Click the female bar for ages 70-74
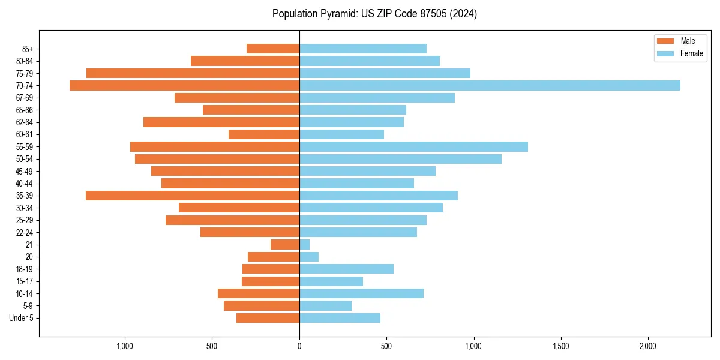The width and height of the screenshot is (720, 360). pos(490,85)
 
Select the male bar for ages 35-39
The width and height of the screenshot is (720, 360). pos(193,196)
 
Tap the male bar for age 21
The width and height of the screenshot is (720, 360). pos(285,244)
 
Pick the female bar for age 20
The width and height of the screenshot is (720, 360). pos(309,257)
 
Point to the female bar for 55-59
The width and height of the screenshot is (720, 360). pos(413,146)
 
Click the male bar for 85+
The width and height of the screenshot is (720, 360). pos(273,49)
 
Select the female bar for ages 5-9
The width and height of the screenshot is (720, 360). pos(325,305)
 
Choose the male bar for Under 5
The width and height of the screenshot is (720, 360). pos(268,318)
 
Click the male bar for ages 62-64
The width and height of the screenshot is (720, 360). pos(221,122)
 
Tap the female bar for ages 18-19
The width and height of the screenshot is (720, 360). pos(346,269)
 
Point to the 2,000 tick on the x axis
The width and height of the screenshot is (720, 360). pos(647,347)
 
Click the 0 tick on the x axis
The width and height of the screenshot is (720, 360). pos(299,347)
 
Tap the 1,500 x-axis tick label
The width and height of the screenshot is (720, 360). pos(560,347)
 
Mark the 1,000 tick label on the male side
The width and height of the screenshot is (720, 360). pos(125,347)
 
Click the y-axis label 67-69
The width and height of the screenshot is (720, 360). pos(25,98)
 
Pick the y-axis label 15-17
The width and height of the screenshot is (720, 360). pos(25,281)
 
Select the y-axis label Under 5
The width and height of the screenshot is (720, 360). pos(21,318)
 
